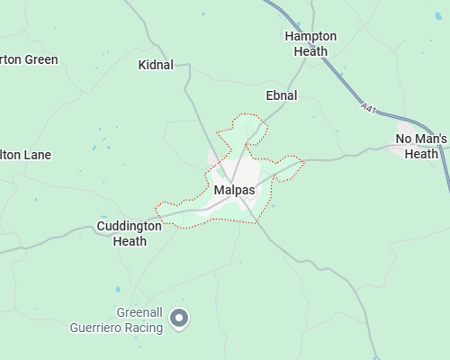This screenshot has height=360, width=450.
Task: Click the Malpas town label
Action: (234, 190)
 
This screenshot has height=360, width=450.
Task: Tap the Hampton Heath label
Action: (310, 43)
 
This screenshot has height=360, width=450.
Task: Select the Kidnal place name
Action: (157, 65)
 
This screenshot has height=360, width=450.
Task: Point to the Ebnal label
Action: (281, 94)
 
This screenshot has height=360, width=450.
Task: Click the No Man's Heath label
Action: (420, 146)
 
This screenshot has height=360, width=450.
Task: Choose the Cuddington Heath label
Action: (129, 233)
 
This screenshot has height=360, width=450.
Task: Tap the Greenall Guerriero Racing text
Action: (116, 319)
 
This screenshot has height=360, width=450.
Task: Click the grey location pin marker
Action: (179, 318)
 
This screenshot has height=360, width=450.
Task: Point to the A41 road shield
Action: (367, 108)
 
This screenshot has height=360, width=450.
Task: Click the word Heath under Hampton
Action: (310, 51)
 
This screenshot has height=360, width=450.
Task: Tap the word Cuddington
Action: (129, 226)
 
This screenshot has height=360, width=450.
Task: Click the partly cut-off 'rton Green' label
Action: (29, 59)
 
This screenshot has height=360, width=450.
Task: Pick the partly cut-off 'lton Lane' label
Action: (25, 155)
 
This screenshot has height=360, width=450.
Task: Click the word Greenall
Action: (140, 312)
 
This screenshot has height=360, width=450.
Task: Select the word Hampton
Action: (310, 36)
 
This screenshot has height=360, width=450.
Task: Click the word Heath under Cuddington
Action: (129, 241)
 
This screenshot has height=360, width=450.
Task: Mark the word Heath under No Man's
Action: (420, 154)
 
